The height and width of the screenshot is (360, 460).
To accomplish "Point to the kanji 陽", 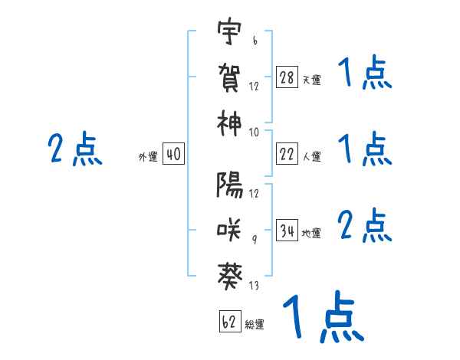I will point(229,185).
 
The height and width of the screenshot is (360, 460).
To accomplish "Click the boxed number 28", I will point(287,77).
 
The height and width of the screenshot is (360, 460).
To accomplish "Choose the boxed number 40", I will point(173,155).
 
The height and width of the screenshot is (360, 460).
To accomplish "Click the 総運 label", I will point(255,324).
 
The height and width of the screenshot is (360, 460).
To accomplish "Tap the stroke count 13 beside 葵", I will point(254,286).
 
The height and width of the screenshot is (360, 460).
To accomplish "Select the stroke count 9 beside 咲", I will point(254,240).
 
